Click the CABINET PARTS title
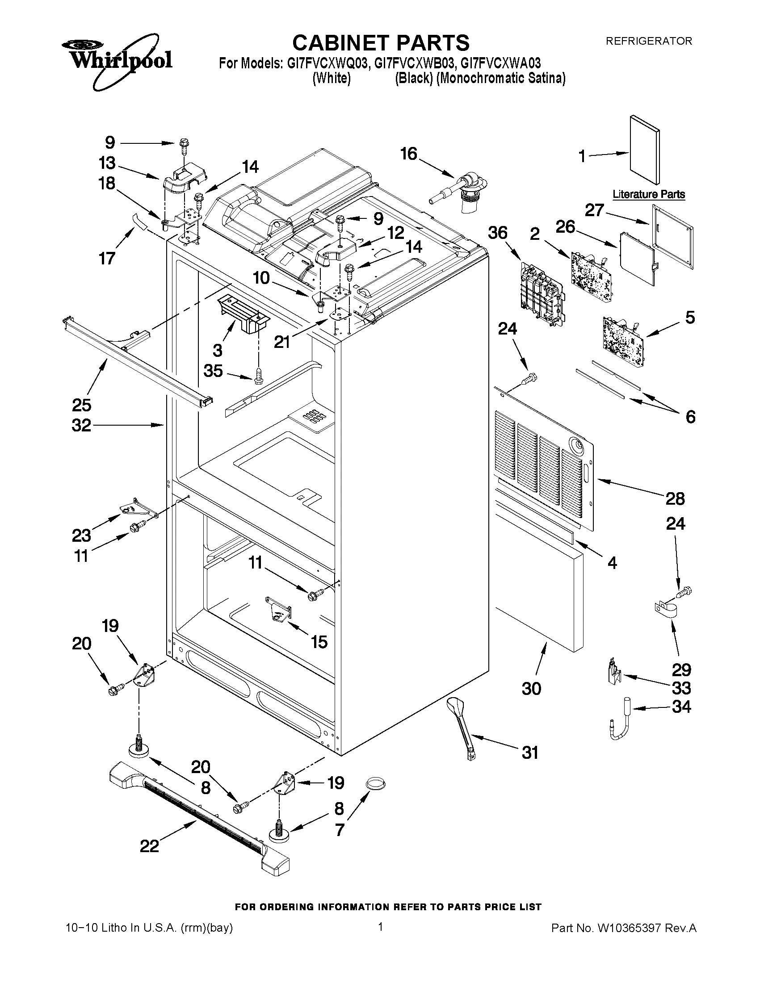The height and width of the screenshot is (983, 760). (x=381, y=43)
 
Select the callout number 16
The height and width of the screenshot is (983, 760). (x=408, y=154)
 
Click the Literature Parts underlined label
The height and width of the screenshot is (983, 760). (x=649, y=194)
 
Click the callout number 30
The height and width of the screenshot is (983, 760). (x=531, y=688)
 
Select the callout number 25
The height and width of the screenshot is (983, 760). (x=81, y=405)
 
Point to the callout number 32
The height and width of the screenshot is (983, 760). (x=81, y=425)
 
